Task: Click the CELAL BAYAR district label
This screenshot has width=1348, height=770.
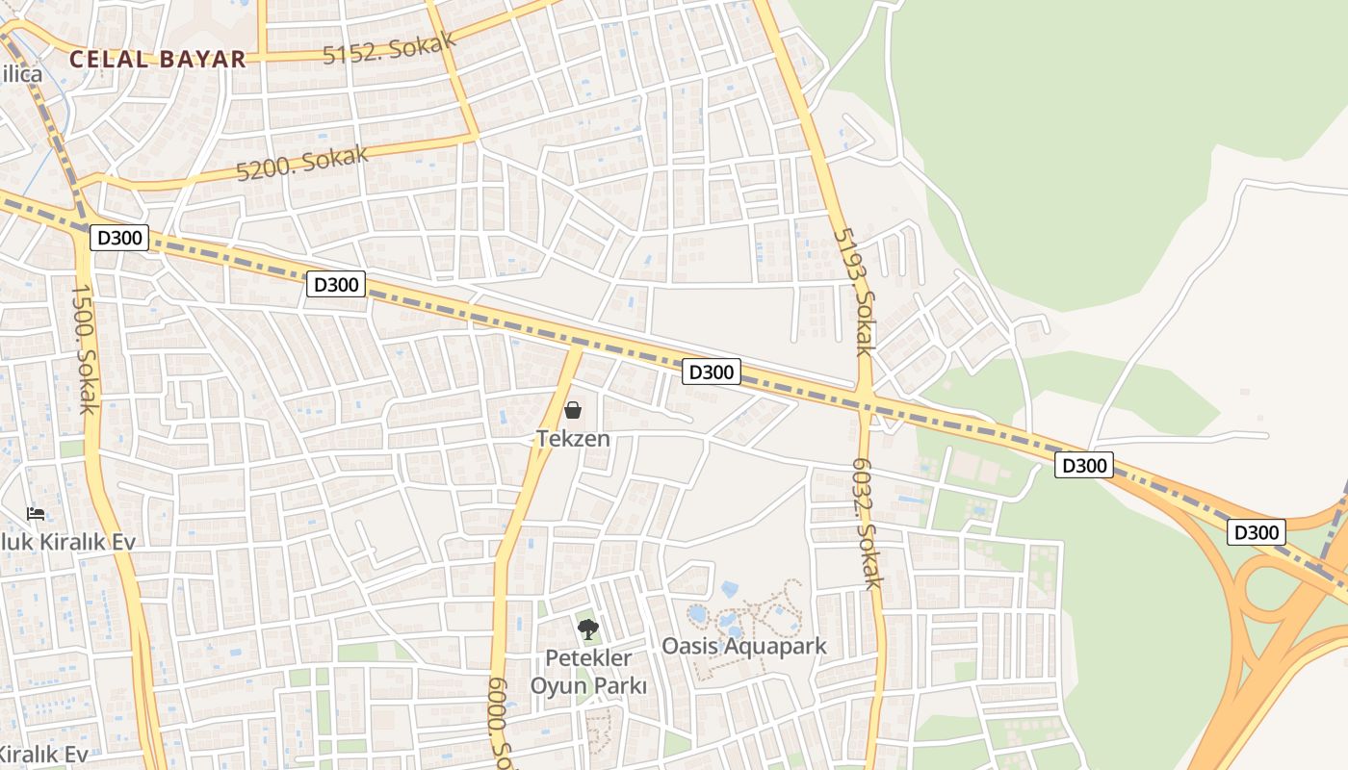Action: pyautogui.click(x=158, y=59)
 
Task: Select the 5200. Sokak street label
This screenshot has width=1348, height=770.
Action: pyautogui.click(x=302, y=162)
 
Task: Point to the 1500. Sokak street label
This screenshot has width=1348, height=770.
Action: pyautogui.click(x=85, y=348)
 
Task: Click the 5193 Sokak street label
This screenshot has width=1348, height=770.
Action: pyautogui.click(x=853, y=291)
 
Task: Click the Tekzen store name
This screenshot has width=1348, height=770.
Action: pyautogui.click(x=573, y=438)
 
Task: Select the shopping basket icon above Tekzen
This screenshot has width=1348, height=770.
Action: pyautogui.click(x=573, y=411)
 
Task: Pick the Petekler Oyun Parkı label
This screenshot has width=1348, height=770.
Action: pyautogui.click(x=588, y=672)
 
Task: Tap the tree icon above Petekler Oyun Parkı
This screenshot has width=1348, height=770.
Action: pyautogui.click(x=587, y=630)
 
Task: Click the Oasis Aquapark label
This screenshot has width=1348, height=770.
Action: pyautogui.click(x=743, y=646)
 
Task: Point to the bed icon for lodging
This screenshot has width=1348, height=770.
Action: pyautogui.click(x=36, y=513)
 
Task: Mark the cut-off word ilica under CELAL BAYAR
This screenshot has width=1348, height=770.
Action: pyautogui.click(x=21, y=75)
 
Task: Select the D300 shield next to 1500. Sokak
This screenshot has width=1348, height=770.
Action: pyautogui.click(x=119, y=237)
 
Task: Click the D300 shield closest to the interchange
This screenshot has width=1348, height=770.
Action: pyautogui.click(x=1256, y=531)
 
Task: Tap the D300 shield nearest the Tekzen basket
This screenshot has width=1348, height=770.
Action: pyautogui.click(x=711, y=372)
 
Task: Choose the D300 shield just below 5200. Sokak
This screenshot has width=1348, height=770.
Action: pyautogui.click(x=336, y=284)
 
